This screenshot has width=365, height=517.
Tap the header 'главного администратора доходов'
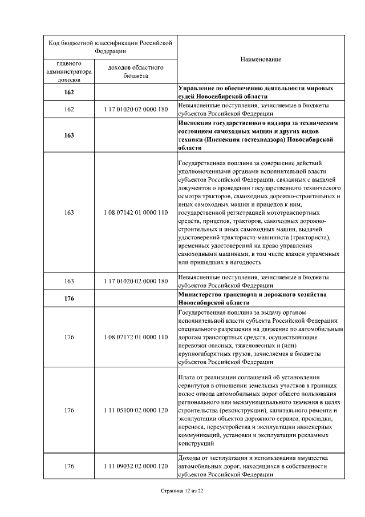point(69,71)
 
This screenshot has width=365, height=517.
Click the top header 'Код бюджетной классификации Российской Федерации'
point(110,46)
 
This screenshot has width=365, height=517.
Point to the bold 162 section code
point(69,92)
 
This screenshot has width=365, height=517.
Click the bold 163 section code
point(69,135)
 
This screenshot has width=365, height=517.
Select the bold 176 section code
point(69,298)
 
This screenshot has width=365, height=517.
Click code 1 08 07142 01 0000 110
point(136,213)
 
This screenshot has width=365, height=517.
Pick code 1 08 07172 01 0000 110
point(136,337)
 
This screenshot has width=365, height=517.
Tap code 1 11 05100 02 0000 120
point(136,410)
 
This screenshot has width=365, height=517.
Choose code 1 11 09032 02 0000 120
point(136,466)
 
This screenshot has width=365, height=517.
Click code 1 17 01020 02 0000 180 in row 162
point(136,109)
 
